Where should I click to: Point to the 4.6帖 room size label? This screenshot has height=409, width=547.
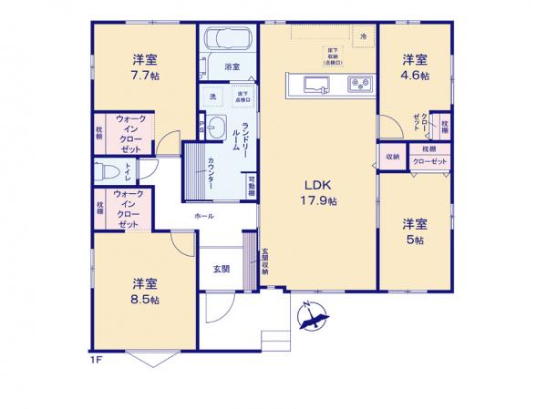[415, 77]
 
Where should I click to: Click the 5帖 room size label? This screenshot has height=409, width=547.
[415, 240]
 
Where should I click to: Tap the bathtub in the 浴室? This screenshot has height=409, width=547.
[228, 40]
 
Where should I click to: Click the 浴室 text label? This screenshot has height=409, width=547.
[232, 66]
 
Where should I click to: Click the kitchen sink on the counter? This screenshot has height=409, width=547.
[313, 86]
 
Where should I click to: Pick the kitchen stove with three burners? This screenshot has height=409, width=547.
[356, 86]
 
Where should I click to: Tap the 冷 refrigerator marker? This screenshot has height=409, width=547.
[363, 35]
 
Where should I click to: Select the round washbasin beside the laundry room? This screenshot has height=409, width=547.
[215, 128]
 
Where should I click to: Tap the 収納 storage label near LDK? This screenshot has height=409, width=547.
[392, 157]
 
